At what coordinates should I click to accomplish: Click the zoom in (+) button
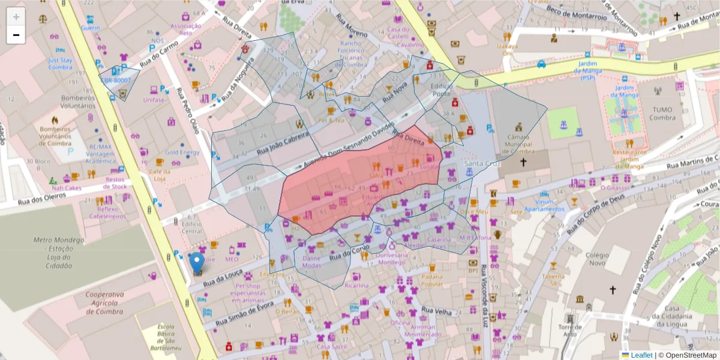(16, 17)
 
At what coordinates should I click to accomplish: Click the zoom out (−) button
(16, 35)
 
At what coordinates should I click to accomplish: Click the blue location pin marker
(197, 263)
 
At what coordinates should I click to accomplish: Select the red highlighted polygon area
(360, 180)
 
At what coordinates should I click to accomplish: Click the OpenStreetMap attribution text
(688, 355)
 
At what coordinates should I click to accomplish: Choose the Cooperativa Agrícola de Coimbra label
(95, 303)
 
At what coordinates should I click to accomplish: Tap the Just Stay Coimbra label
(60, 64)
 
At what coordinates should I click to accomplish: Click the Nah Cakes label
(65, 187)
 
